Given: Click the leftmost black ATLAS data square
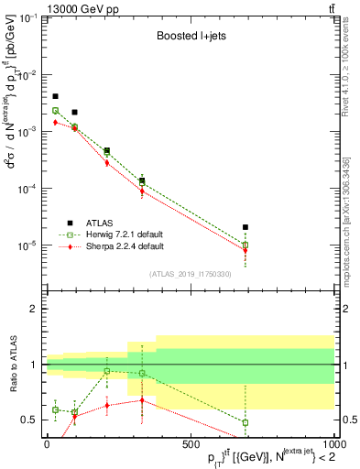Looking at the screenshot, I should [x=55, y=96].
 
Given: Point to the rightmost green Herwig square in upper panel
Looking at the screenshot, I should [x=245, y=245].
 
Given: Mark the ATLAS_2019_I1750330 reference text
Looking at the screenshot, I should [x=190, y=274].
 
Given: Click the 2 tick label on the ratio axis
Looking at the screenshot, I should [x=35, y=310].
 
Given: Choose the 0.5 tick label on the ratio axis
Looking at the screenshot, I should [x=31, y=420].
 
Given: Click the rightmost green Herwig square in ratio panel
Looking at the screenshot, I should [x=245, y=422].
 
